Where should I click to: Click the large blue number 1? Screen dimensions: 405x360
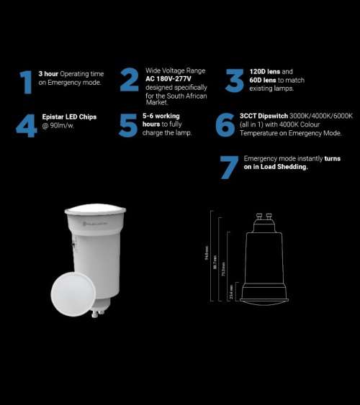click(27, 83)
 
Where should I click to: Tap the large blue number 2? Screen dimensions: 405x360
click(130, 81)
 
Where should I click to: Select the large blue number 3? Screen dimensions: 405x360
click(235, 81)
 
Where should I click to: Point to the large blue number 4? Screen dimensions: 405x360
click(26, 124)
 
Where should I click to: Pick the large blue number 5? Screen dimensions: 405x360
click(129, 124)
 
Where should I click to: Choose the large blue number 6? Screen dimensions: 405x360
click(225, 124)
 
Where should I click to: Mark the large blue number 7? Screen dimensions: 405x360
click(229, 167)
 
